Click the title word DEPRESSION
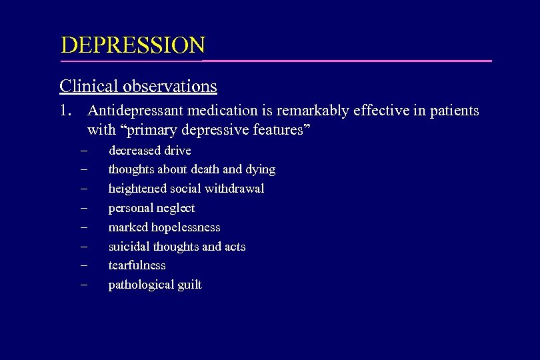(133, 45)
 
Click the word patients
(453, 111)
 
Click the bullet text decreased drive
(149, 151)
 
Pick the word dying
(259, 169)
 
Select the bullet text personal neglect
(151, 208)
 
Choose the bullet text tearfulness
(137, 265)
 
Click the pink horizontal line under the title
(347, 61)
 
